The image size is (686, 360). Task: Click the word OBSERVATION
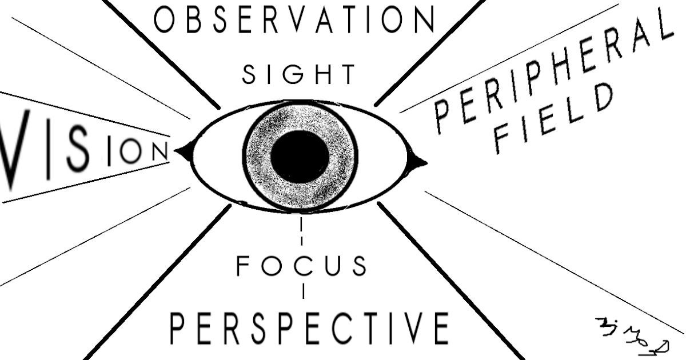click(294, 20)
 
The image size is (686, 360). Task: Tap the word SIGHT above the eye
click(298, 74)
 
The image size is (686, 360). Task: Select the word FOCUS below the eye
click(301, 266)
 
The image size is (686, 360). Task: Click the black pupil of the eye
click(300, 156)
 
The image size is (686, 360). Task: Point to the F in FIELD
click(501, 142)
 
